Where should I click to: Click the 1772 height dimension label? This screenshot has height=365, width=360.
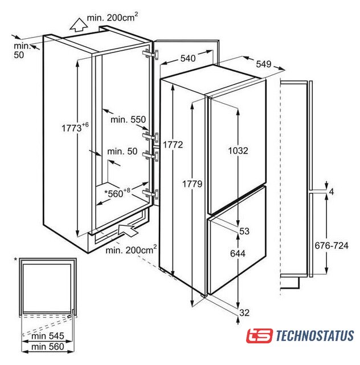pyautogui.click(x=173, y=145)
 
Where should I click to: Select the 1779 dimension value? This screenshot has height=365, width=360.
pyautogui.click(x=192, y=184)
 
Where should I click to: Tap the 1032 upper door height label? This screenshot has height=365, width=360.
pyautogui.click(x=238, y=151)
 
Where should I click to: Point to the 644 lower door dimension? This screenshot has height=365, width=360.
pyautogui.click(x=238, y=253)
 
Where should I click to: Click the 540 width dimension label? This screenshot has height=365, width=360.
pyautogui.click(x=188, y=58)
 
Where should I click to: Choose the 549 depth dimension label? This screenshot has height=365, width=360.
pyautogui.click(x=264, y=64)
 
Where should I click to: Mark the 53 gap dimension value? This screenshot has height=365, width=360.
pyautogui.click(x=244, y=231)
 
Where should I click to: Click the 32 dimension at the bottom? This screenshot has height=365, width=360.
pyautogui.click(x=244, y=313)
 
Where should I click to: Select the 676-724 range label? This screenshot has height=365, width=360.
pyautogui.click(x=332, y=245)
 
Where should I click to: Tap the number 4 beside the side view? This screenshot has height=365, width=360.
pyautogui.click(x=332, y=192)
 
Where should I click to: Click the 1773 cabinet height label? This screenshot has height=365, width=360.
pyautogui.click(x=75, y=127)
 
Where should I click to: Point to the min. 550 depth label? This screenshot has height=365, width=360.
pyautogui.click(x=128, y=120)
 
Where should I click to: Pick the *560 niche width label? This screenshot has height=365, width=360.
pyautogui.click(x=117, y=193)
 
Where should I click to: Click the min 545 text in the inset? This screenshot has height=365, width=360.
pyautogui.click(x=48, y=336)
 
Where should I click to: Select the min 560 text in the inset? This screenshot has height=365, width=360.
pyautogui.click(x=48, y=347)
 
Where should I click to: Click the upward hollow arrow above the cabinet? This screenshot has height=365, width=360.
pyautogui.click(x=79, y=25)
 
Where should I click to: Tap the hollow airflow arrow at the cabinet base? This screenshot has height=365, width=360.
pyautogui.click(x=127, y=230)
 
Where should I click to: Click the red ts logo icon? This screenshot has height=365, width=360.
pyautogui.click(x=259, y=336)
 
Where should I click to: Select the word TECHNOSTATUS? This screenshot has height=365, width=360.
pyautogui.click(x=315, y=336)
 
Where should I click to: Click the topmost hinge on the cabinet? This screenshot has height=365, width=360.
pyautogui.click(x=151, y=54)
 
